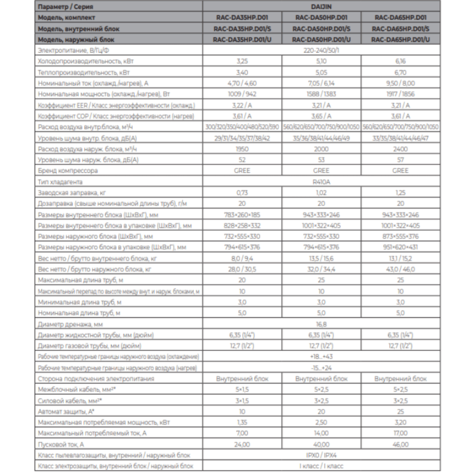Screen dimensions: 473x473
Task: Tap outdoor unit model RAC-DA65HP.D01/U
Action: [x=400, y=40]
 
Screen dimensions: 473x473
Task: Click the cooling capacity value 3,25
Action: [x=242, y=61]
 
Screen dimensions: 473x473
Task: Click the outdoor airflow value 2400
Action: [x=400, y=149]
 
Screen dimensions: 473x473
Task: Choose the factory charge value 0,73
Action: [x=242, y=192]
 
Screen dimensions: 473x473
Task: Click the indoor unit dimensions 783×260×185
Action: [x=242, y=214]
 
